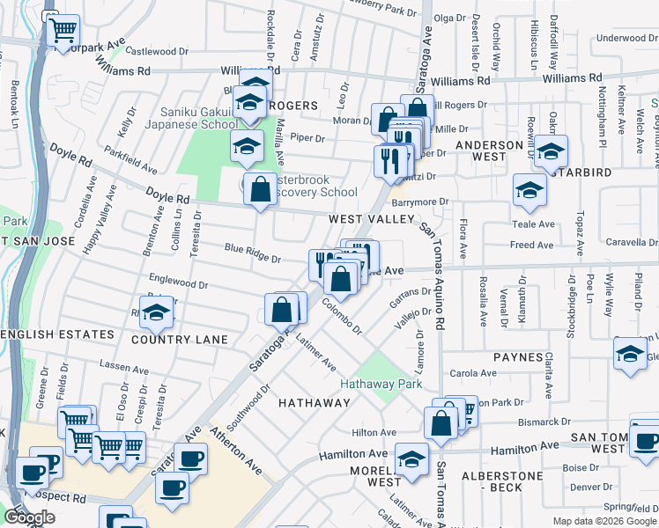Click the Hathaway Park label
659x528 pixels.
[x=381, y=384]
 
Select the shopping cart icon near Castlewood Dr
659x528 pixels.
[x=63, y=33]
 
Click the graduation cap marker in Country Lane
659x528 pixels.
[x=157, y=313]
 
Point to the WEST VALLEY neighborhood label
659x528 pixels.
[x=371, y=218]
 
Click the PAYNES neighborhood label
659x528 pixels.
[x=518, y=357]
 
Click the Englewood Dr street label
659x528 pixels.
[x=178, y=285]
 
